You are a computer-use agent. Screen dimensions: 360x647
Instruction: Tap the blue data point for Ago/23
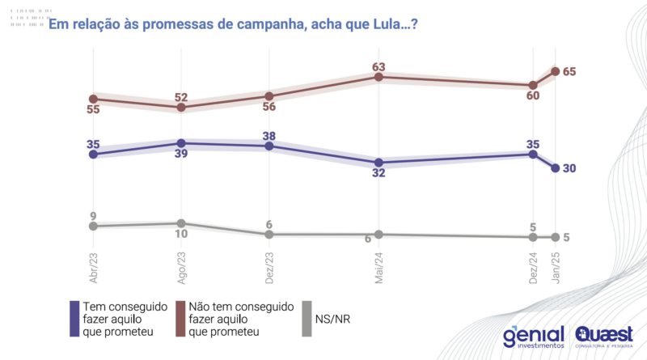[x=181, y=143]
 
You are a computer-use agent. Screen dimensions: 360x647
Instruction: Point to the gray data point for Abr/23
[x=93, y=227]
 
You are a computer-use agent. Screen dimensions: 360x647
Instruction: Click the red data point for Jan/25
[x=555, y=71]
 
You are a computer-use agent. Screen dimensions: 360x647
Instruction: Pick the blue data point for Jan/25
[x=555, y=168]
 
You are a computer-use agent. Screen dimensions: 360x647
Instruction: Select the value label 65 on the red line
[x=569, y=72]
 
